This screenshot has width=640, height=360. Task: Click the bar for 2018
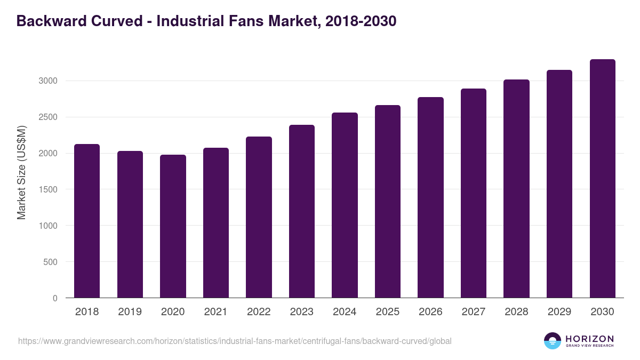coord(87,221)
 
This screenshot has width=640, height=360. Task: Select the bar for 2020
coord(173,226)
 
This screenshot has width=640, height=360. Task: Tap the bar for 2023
coord(302,211)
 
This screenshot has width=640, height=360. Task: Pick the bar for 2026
coord(430,197)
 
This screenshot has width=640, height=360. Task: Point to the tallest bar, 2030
coord(602,179)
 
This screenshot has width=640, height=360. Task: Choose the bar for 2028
coord(516,189)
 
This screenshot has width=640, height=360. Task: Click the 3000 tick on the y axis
coord(47,81)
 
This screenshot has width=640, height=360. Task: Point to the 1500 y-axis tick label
coord(47,189)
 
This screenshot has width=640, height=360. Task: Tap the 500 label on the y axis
coord(50,262)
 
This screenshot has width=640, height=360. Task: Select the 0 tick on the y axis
coord(55,298)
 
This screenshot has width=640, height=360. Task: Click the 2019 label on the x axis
coord(130,312)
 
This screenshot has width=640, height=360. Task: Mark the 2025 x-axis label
coord(387,312)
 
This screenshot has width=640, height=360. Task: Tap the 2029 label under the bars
coord(559,312)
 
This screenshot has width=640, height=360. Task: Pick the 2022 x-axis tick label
coord(259,312)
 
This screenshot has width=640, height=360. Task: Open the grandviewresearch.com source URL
coord(235,341)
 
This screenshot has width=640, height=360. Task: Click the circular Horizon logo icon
coord(552,341)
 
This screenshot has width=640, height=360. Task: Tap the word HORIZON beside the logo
coord(589,338)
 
